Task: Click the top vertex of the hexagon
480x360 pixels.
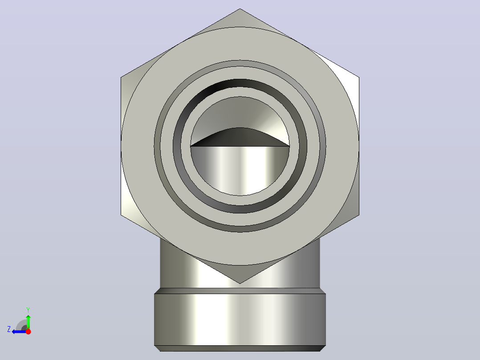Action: tap(240, 8)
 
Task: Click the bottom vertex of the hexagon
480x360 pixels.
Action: tap(240, 283)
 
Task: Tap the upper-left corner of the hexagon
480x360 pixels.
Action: tap(121, 77)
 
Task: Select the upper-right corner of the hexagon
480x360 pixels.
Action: tap(359, 77)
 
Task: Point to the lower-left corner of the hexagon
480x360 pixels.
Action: tap(121, 215)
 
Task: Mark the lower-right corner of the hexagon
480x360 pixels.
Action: tap(359, 215)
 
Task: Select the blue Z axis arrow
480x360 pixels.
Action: tap(19, 331)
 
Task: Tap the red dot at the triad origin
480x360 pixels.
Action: tap(28, 331)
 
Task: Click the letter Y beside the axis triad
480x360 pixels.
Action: tap(28, 310)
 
